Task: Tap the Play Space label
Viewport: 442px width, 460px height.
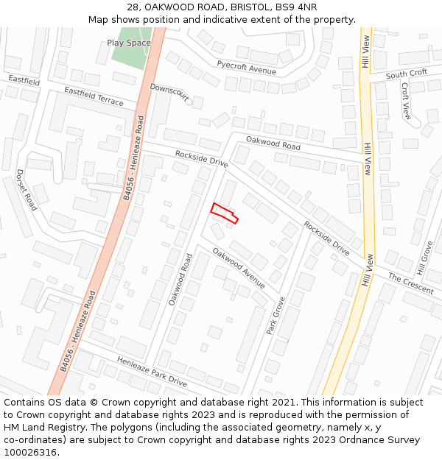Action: (x=129, y=43)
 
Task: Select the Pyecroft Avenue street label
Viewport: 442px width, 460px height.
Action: (x=246, y=67)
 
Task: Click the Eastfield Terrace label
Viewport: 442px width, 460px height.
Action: (x=94, y=96)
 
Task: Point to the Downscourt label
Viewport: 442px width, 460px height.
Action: (x=169, y=93)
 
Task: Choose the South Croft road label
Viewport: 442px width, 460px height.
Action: (x=406, y=74)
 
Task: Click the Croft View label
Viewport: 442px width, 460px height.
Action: (x=406, y=101)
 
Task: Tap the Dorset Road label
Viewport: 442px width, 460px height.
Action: (x=27, y=190)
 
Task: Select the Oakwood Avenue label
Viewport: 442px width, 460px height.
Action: (x=238, y=268)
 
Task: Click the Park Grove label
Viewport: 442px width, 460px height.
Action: (x=276, y=315)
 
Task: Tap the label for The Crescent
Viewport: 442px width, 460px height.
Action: (x=411, y=284)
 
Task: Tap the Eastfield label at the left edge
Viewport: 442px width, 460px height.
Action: (x=24, y=81)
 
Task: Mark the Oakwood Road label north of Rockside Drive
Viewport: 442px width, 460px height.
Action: (x=273, y=143)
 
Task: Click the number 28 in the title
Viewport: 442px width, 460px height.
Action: (x=133, y=7)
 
